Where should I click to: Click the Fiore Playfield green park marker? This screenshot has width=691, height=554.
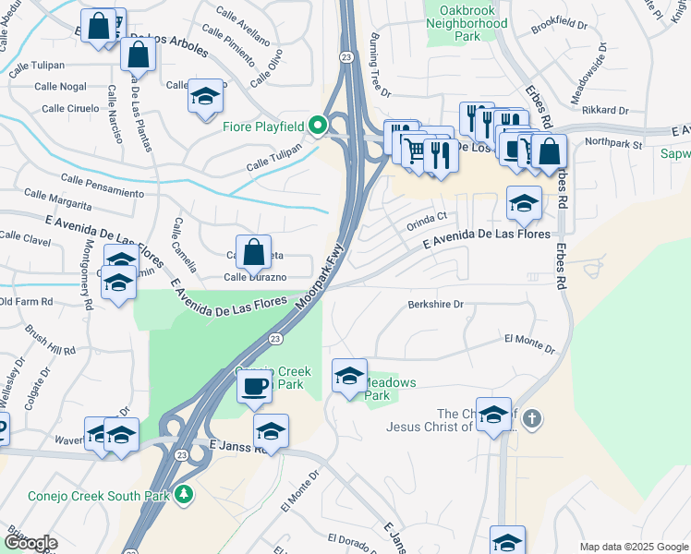pos(318,125)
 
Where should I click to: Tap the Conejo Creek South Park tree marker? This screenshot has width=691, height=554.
pos(185,495)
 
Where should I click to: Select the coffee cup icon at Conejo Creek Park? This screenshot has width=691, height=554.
pos(254,386)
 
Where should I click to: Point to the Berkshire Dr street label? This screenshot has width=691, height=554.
pos(435,304)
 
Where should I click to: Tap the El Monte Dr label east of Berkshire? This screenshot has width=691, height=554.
pos(529,343)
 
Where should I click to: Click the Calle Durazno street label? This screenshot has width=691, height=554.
pos(255,277)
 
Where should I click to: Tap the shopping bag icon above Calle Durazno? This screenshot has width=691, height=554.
pos(253,251)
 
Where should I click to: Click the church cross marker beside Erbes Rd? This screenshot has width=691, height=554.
pos(530,419)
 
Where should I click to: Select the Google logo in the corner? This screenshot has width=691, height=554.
pos(30,543)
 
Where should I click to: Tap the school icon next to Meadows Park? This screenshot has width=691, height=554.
pos(348,376)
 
